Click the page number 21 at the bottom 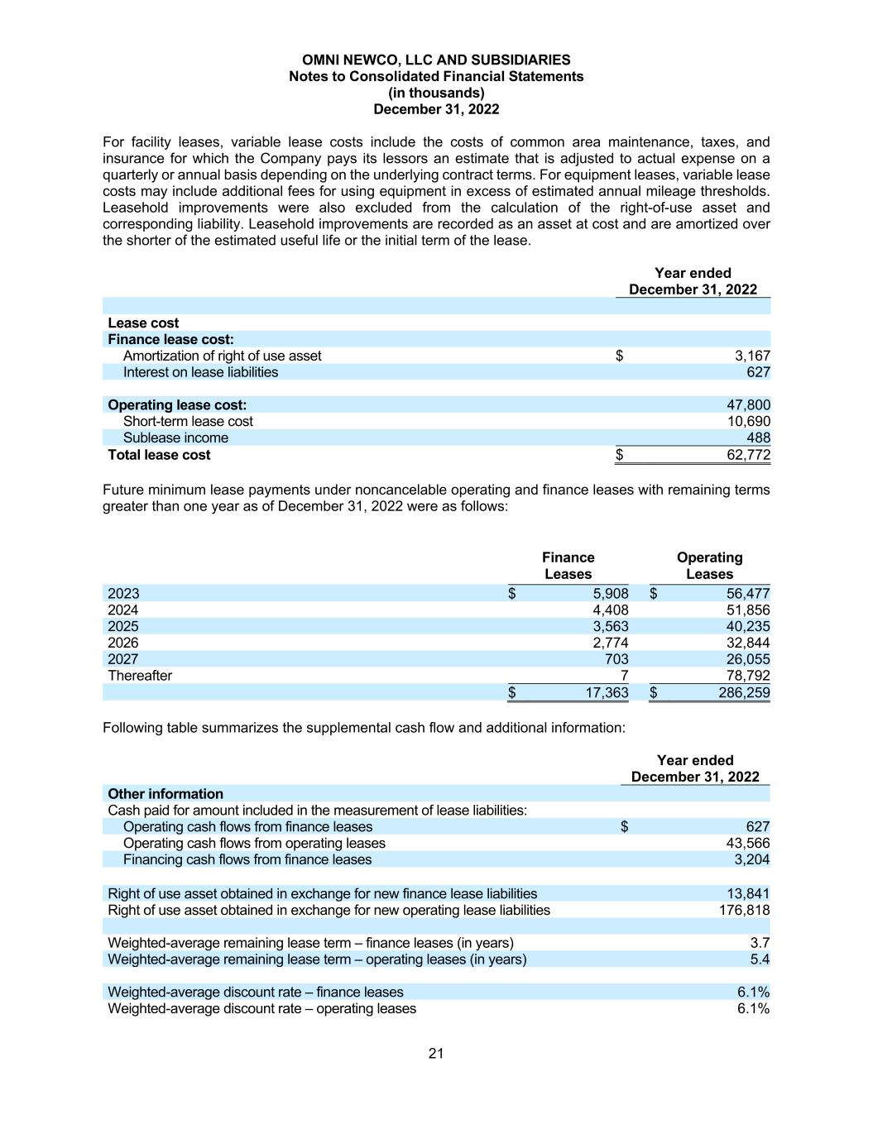[436, 1053]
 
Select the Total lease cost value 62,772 [748, 455]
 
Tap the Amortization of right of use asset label [222, 356]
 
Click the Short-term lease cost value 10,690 [748, 422]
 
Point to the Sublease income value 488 [758, 438]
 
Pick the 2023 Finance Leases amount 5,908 [610, 594]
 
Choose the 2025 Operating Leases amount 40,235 [747, 627]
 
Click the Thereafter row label [140, 676]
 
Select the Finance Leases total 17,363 [607, 693]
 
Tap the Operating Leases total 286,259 [744, 693]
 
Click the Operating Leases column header [709, 566]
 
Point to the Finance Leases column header [568, 566]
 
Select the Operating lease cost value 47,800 [748, 405]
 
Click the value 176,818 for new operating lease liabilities [744, 910]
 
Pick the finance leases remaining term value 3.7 [760, 943]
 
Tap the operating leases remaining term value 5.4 [760, 959]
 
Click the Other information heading [165, 794]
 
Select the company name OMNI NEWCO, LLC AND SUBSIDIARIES [436, 60]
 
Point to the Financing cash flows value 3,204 [751, 860]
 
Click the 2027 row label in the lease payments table [123, 659]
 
